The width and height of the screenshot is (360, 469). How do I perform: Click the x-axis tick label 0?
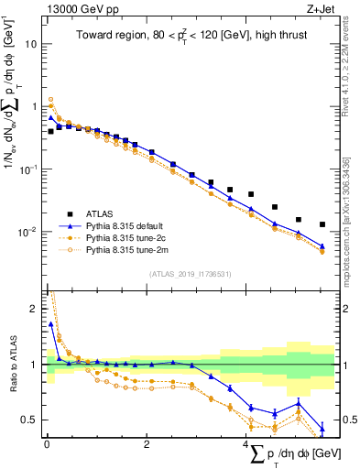[47, 444]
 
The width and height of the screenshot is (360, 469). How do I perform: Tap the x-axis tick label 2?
[147, 444]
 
